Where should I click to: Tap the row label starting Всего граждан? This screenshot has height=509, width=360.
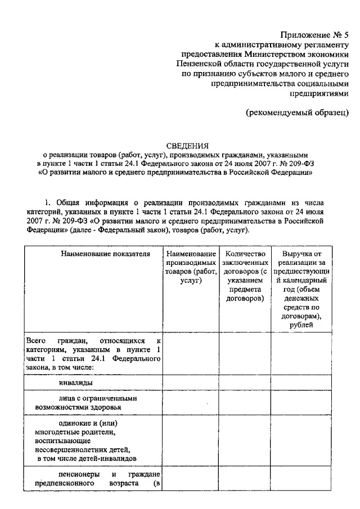coord(92,354)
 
